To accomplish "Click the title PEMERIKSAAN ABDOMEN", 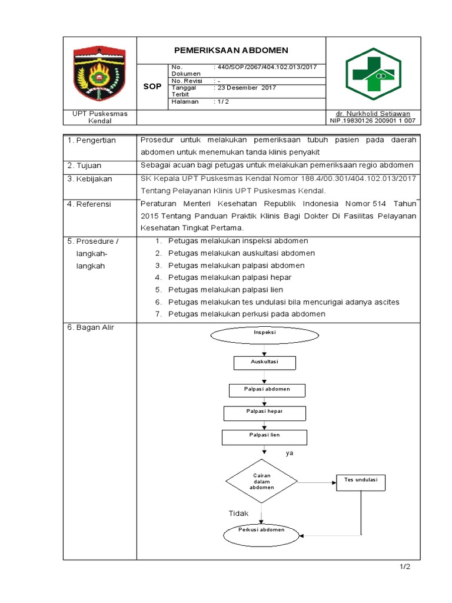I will [231, 50].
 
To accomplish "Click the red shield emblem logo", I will [99, 73].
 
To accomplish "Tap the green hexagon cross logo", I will [373, 73].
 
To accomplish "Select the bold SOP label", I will [152, 87].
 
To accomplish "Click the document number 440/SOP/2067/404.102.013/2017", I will [267, 67].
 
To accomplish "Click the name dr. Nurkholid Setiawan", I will [373, 113].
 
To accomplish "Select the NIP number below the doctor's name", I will [373, 121].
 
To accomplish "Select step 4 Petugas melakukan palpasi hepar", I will [230, 277].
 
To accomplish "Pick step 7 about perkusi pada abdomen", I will [247, 314].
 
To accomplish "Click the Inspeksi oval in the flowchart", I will [265, 333].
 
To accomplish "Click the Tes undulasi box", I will [360, 482].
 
